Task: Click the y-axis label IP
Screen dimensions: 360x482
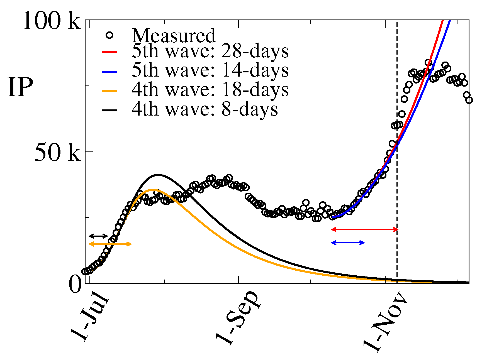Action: click(20, 87)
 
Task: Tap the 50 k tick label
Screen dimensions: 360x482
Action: click(57, 153)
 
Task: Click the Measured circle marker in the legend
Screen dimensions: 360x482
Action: click(109, 35)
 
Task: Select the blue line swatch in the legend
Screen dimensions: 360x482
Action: click(109, 72)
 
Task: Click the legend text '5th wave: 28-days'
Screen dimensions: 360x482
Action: click(210, 52)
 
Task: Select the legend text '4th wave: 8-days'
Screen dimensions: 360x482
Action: click(205, 109)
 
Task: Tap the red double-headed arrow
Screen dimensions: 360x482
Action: click(364, 229)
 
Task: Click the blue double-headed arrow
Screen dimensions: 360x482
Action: click(348, 243)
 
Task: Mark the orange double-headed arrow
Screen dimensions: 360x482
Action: click(110, 244)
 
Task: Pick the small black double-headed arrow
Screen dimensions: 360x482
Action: click(98, 236)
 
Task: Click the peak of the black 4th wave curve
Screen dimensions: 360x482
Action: click(158, 175)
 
